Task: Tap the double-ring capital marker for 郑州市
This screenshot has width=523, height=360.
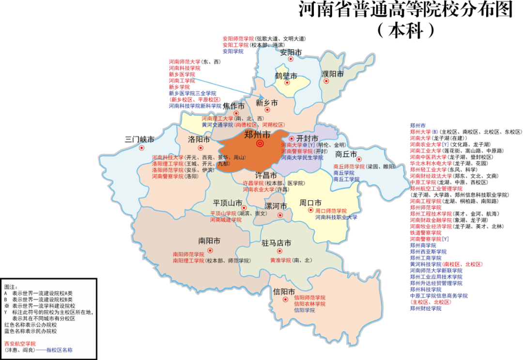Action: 260,144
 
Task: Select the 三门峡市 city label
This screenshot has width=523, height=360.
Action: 139,139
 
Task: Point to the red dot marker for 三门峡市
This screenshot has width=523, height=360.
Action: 141,148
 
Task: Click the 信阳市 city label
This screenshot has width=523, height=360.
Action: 284,292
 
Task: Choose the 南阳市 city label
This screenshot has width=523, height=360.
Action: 209,240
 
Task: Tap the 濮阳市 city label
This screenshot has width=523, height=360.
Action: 333,74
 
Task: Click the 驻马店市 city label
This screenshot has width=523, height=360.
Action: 277,243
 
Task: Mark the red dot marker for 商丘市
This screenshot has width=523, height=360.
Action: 359,159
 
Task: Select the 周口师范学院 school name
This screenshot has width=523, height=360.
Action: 331,211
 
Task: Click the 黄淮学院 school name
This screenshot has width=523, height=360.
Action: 280,260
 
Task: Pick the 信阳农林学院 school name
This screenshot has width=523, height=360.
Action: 310,304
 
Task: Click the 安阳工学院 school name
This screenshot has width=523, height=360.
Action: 235,45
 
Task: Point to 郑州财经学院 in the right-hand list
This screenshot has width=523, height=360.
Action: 426,308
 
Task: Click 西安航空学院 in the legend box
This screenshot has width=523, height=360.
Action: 20,344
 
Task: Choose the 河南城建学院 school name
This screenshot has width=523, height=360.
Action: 225,220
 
